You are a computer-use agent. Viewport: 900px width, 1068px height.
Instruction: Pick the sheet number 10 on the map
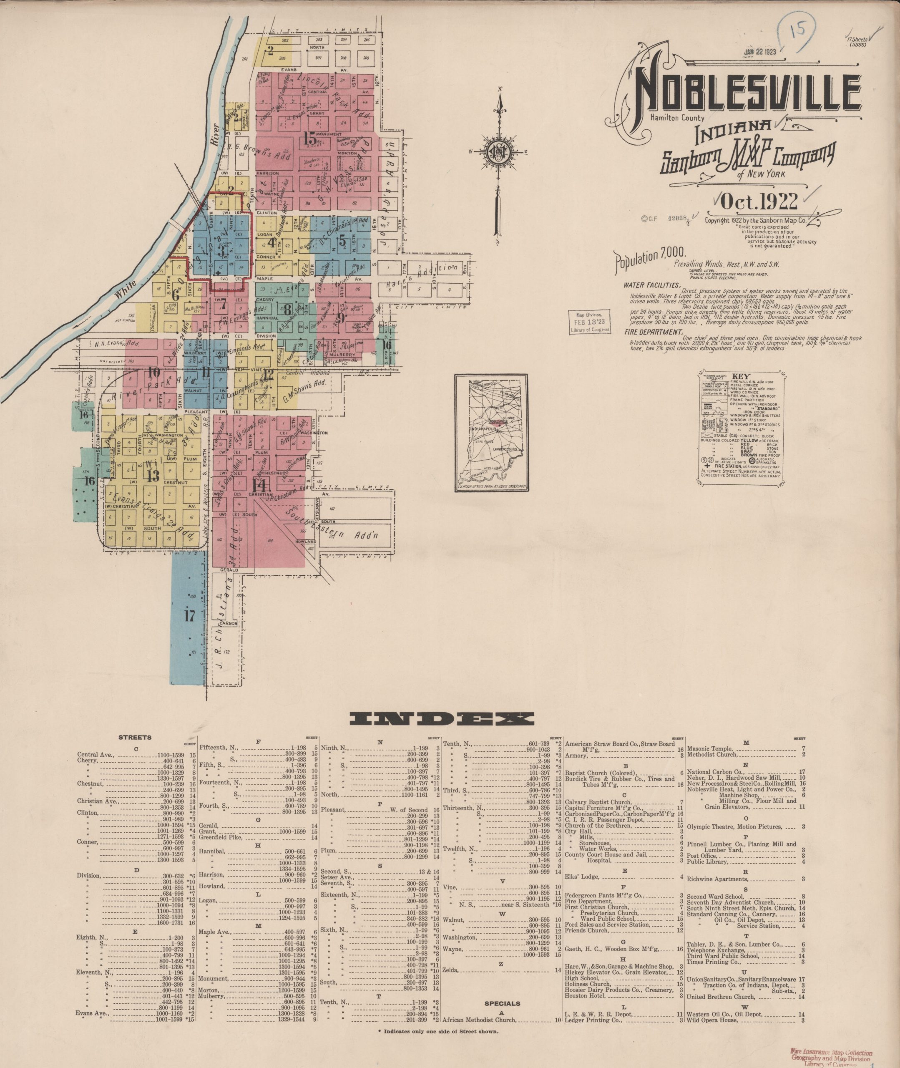pos(153,372)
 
